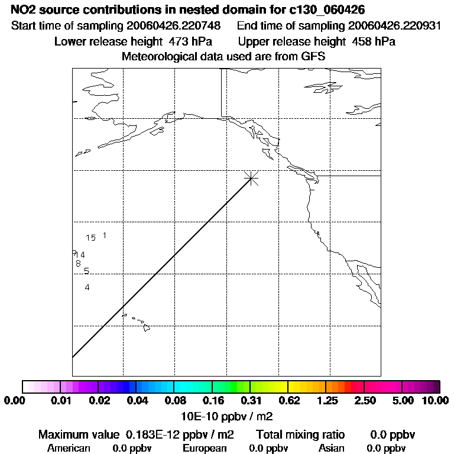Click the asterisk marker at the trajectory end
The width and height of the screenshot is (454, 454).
[252, 177]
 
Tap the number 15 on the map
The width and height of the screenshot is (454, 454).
[90, 238]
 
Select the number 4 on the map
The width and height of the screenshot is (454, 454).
[87, 287]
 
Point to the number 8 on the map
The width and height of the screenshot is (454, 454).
[78, 263]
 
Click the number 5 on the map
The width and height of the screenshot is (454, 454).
[86, 271]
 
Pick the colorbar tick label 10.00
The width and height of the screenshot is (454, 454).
[435, 401]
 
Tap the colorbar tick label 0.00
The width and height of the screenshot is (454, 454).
[14, 401]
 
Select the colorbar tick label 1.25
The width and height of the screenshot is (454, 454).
[327, 401]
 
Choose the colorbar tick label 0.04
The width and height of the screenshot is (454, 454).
[137, 401]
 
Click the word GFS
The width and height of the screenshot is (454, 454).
[313, 57]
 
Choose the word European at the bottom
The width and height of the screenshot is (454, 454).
[205, 448]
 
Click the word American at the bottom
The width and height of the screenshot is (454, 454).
[69, 448]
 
